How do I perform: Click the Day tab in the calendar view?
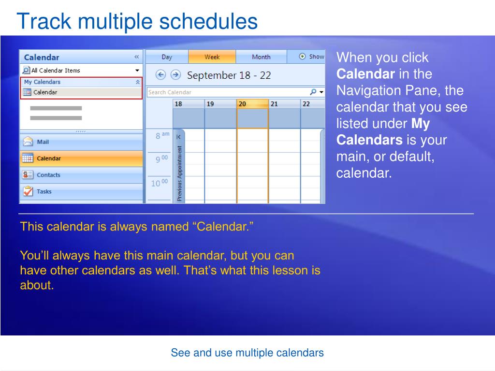pyautogui.click(x=167, y=57)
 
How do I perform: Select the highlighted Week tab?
pyautogui.click(x=212, y=57)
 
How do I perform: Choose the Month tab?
pyautogui.click(x=261, y=57)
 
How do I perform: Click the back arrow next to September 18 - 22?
pyautogui.click(x=160, y=75)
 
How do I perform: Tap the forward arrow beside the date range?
pyautogui.click(x=175, y=75)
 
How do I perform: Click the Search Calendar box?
pyautogui.click(x=235, y=92)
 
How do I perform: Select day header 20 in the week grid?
pyautogui.click(x=252, y=104)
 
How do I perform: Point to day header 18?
pyautogui.click(x=189, y=104)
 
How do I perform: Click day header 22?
pyautogui.click(x=313, y=104)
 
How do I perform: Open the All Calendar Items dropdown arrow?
pyautogui.click(x=137, y=71)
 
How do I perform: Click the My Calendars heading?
pyautogui.click(x=43, y=82)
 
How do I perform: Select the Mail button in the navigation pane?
pyautogui.click(x=81, y=142)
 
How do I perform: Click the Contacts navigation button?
pyautogui.click(x=81, y=175)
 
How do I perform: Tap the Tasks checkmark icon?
pyautogui.click(x=28, y=191)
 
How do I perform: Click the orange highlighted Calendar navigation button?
pyautogui.click(x=81, y=158)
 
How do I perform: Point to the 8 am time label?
pyautogui.click(x=162, y=135)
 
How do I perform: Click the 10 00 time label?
pyautogui.click(x=160, y=183)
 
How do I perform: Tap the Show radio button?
pyautogui.click(x=303, y=57)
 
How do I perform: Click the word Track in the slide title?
pyautogui.click(x=44, y=21)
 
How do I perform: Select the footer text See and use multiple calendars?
pyautogui.click(x=247, y=353)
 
